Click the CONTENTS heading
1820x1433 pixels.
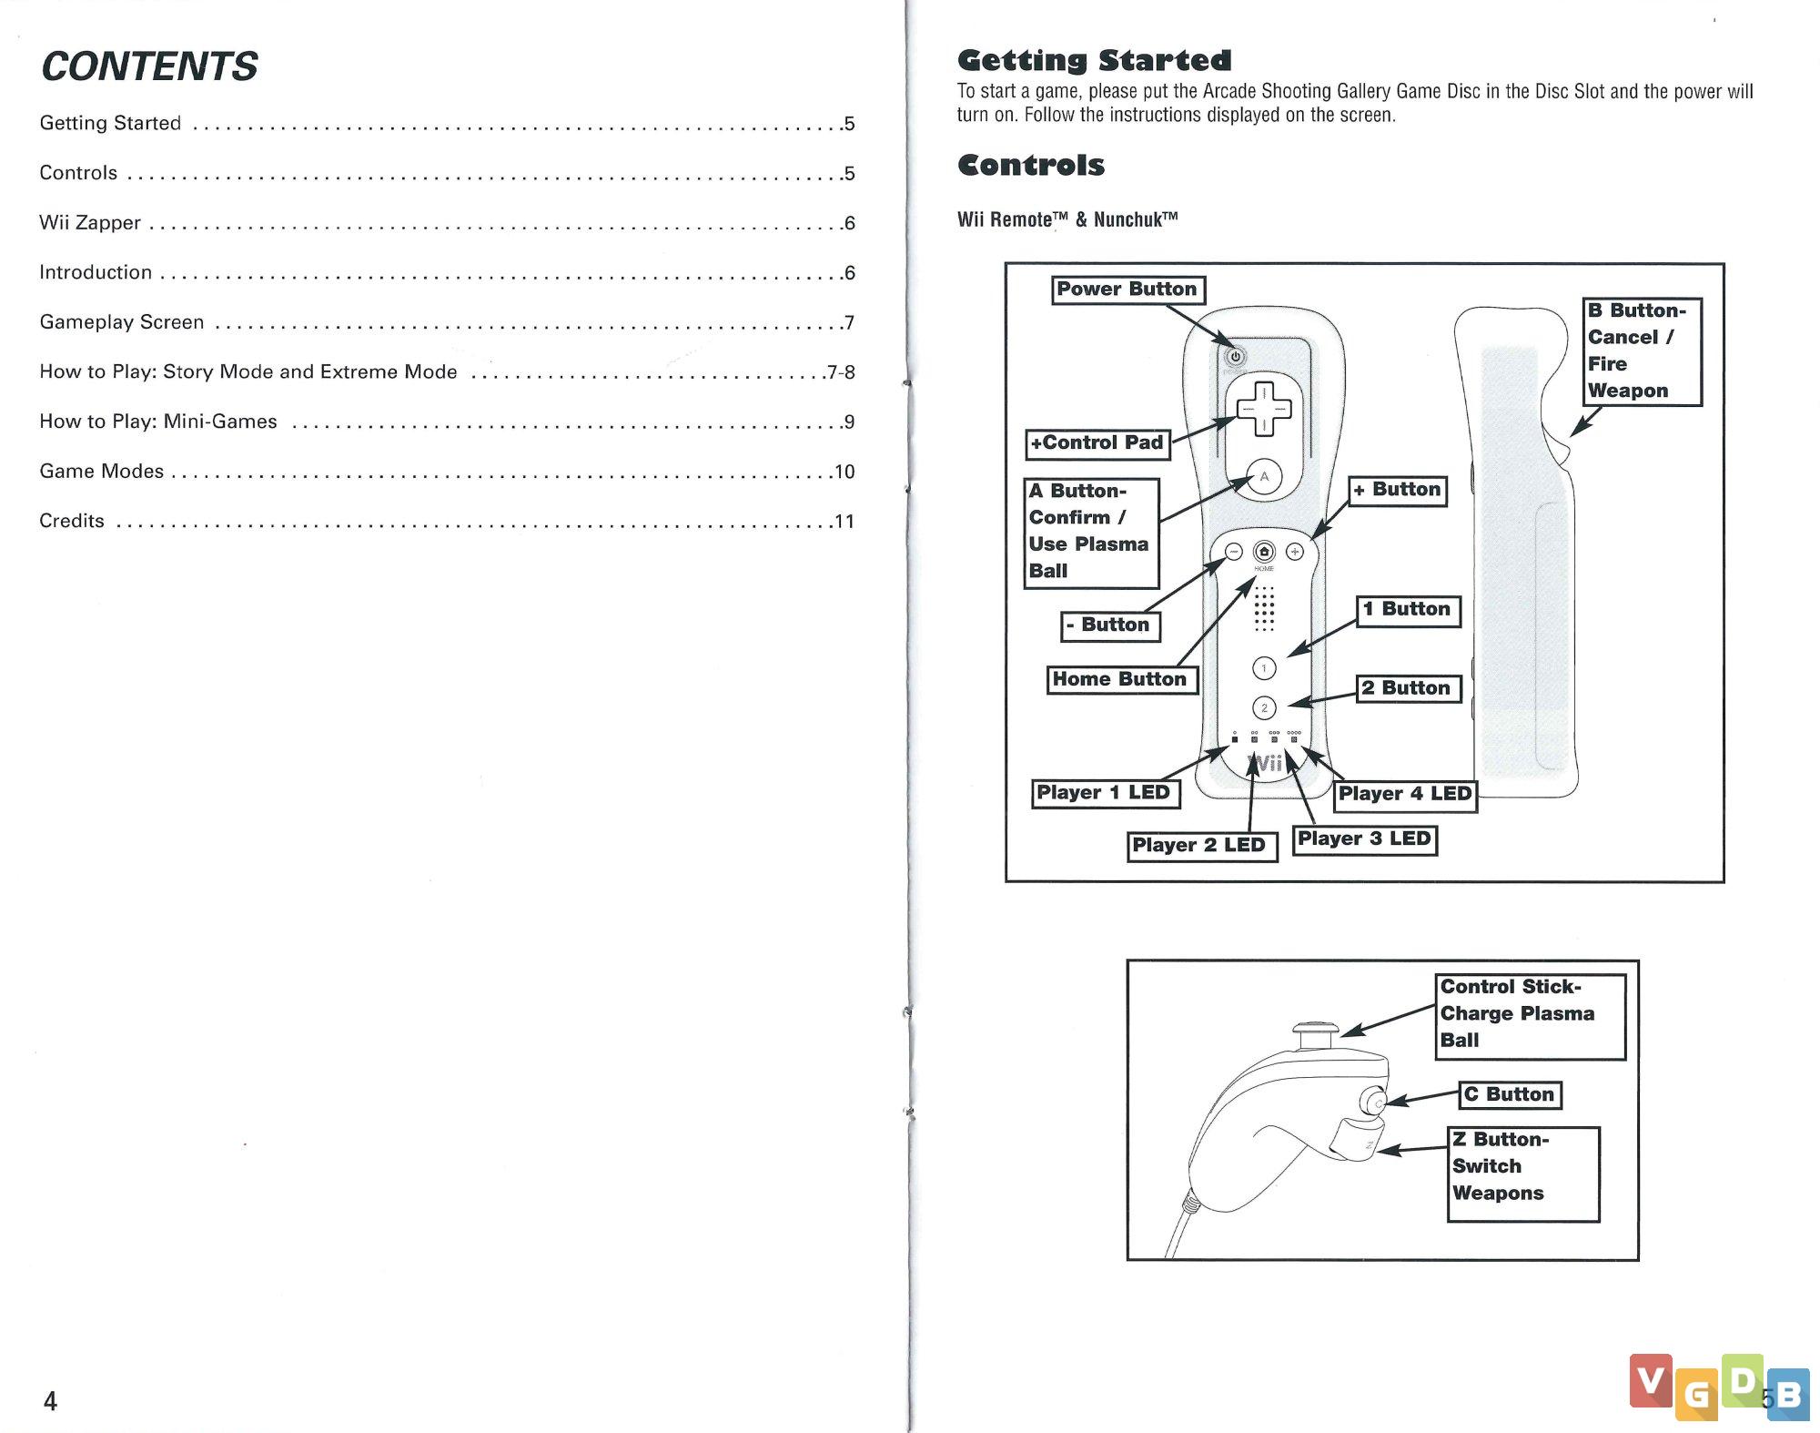[149, 66]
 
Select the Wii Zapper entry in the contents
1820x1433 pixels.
[90, 223]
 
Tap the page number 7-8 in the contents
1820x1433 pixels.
[840, 372]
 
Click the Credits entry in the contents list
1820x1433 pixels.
[72, 521]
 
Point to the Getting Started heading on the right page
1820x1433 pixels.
[1094, 61]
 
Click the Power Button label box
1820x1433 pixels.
[1127, 290]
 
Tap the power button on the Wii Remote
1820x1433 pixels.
[1235, 357]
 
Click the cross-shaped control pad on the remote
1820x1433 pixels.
[1263, 409]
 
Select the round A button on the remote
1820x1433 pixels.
[1264, 476]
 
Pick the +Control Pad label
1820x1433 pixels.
[1097, 443]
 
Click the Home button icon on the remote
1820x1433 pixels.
[1264, 552]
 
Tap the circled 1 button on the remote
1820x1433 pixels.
[1264, 668]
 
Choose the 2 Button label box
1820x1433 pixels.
[1408, 688]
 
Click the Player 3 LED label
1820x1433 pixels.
[1364, 839]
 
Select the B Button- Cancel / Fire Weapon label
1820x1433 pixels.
[1641, 351]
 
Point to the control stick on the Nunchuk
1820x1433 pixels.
[1315, 1033]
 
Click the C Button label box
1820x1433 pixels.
[1511, 1094]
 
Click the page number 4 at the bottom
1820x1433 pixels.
[51, 1400]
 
